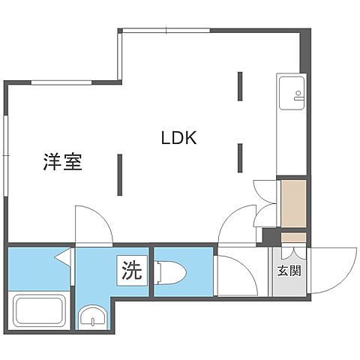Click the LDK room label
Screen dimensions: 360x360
178,138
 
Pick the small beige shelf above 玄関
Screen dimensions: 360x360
289,238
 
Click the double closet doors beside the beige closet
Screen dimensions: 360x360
264,201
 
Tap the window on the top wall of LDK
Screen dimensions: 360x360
166,31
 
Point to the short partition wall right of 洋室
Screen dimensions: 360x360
118,174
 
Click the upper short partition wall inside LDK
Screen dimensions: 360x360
241,85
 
